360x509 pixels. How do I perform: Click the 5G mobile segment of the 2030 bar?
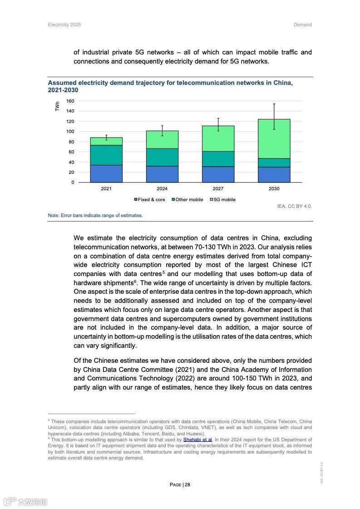274,138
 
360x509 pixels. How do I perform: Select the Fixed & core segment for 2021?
106,173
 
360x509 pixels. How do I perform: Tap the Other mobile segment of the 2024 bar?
162,157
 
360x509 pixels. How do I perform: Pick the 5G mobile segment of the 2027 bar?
218,138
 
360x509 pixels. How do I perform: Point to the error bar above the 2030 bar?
274,116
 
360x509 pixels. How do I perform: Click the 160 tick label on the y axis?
70,101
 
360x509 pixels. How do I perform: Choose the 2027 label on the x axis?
218,188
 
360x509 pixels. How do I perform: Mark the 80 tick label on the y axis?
71,142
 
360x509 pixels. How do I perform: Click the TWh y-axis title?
58,106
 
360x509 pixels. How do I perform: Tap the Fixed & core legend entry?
149,200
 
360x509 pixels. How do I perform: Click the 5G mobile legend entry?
222,200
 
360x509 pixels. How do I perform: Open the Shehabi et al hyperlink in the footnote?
197,440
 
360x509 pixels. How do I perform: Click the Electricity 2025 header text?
64,25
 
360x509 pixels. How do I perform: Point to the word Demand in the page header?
302,25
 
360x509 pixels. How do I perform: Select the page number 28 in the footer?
187,484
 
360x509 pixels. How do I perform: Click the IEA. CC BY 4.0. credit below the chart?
294,206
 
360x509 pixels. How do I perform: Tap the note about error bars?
95,215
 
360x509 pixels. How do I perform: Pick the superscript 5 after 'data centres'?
164,272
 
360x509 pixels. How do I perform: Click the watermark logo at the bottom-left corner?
25,502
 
